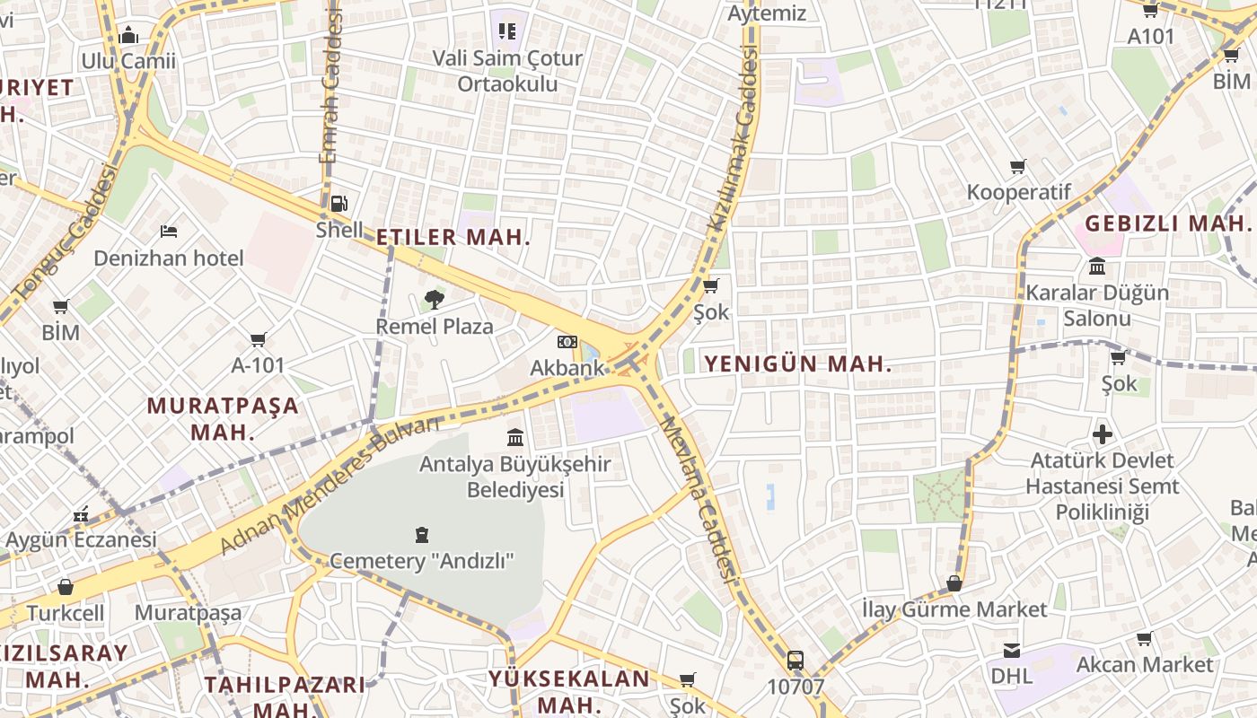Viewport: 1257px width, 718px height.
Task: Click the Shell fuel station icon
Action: pos(338,204)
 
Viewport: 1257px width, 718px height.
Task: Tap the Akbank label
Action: pos(567,368)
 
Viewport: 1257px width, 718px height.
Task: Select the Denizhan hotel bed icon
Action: pos(169,232)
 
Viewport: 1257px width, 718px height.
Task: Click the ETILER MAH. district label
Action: pos(453,238)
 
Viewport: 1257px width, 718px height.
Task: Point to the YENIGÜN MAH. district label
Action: pos(798,364)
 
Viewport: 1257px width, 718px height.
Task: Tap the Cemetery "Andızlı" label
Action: pos(422,562)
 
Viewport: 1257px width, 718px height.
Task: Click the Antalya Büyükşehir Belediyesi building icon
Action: pos(515,437)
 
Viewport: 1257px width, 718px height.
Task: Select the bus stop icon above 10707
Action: pos(796,661)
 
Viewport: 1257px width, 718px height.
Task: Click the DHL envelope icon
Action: pos(1012,650)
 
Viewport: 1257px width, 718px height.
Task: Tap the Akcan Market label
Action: pos(1144,665)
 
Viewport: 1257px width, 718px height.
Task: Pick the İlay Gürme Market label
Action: pos(954,610)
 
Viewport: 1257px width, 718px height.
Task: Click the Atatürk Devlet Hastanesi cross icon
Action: pos(1103,435)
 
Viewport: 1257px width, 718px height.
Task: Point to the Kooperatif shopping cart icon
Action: pos(1018,167)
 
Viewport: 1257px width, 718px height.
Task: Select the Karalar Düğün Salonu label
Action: pos(1097,306)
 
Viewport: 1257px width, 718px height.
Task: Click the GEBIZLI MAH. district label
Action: pos(1167,223)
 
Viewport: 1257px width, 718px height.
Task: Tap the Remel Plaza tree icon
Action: pos(435,299)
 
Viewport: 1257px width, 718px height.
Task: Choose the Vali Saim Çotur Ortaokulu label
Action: pos(507,71)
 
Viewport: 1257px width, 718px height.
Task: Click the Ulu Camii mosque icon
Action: pos(128,35)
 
